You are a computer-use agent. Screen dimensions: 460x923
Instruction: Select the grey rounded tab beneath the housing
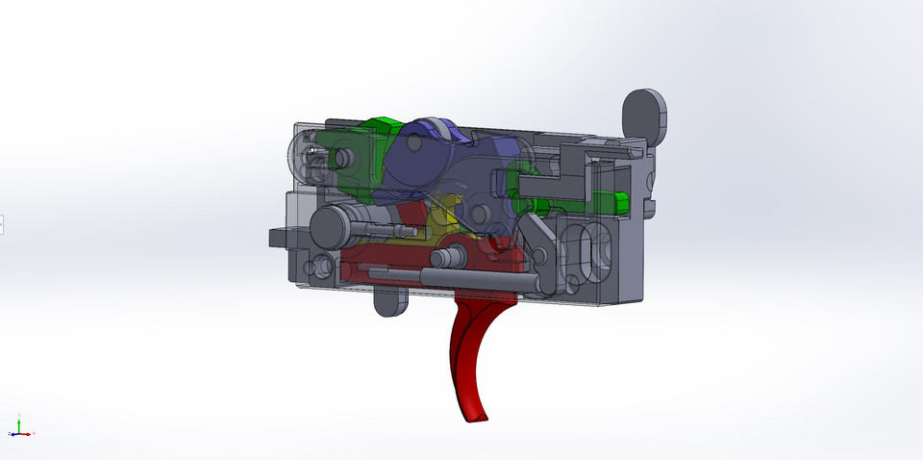(x=389, y=302)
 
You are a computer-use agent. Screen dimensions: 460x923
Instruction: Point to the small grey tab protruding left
(x=277, y=236)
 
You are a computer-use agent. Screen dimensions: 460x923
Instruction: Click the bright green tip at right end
(x=621, y=202)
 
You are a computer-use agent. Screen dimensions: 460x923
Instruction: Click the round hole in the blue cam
(x=413, y=142)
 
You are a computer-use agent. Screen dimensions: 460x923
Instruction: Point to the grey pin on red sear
(x=447, y=258)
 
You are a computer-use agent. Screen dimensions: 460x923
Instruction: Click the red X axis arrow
(x=31, y=434)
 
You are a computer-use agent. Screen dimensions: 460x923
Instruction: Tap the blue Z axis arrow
(x=12, y=435)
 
